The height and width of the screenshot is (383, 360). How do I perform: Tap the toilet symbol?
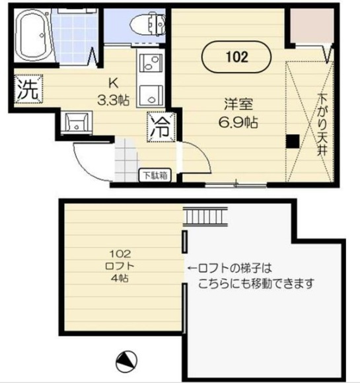click(x=147, y=24)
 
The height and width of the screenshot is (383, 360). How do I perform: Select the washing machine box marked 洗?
click(x=28, y=89)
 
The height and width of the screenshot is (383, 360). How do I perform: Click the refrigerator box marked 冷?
click(x=161, y=127)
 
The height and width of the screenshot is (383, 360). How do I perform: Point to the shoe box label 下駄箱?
click(x=155, y=175)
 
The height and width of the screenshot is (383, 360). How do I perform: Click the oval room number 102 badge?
click(x=236, y=57)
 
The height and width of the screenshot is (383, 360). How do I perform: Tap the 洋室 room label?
click(x=238, y=104)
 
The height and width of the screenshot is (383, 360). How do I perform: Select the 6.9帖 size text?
click(x=238, y=122)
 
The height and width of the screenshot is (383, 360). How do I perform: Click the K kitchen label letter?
click(x=113, y=84)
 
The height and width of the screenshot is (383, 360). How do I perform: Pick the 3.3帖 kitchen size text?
click(x=113, y=100)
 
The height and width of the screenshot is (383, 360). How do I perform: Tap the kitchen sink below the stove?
click(x=151, y=96)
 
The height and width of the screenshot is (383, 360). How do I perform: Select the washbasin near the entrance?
click(x=77, y=123)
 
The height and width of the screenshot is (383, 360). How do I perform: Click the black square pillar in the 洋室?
click(x=293, y=141)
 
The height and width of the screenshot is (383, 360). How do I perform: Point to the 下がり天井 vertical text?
click(x=322, y=124)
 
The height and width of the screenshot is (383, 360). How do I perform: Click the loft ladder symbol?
click(x=205, y=217)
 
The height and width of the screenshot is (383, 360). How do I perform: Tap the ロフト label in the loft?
click(x=120, y=266)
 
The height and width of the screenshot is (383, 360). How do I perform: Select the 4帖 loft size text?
click(x=120, y=278)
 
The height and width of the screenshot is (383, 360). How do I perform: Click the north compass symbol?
click(x=126, y=361)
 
